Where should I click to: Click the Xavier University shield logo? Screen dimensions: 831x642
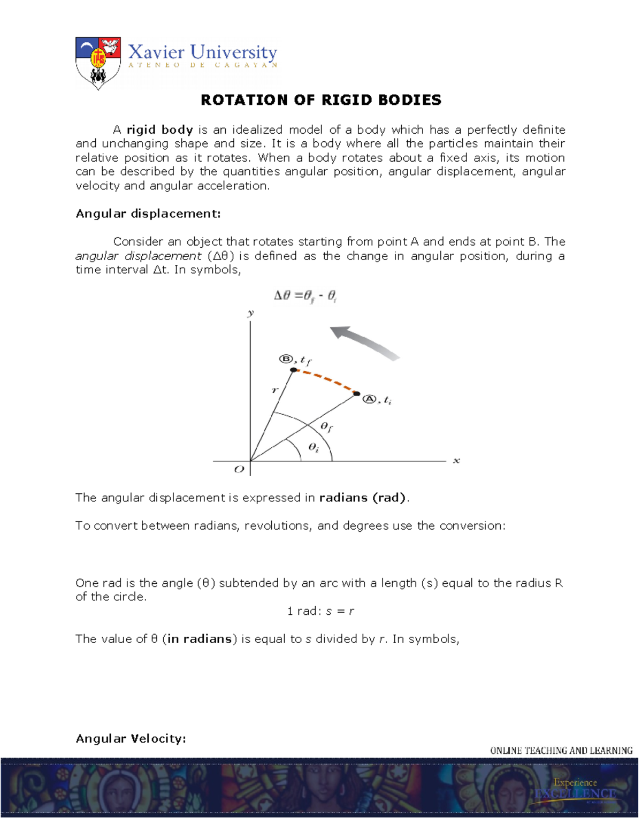pyautogui.click(x=98, y=63)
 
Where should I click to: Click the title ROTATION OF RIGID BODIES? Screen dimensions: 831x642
pyautogui.click(x=321, y=100)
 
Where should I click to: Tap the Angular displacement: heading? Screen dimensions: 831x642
pyautogui.click(x=148, y=214)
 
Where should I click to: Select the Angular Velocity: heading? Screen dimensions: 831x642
pyautogui.click(x=131, y=738)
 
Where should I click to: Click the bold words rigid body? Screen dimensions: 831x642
pyautogui.click(x=159, y=129)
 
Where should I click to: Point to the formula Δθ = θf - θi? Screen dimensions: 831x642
pyautogui.click(x=305, y=296)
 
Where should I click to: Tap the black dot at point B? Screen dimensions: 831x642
pyautogui.click(x=293, y=370)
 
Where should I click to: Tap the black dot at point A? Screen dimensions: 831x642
pyautogui.click(x=357, y=394)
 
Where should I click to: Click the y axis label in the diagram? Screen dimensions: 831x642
pyautogui.click(x=250, y=313)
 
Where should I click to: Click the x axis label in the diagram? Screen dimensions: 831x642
pyautogui.click(x=456, y=460)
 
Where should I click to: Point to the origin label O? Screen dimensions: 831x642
pyautogui.click(x=239, y=469)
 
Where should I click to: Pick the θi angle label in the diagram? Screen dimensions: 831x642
pyautogui.click(x=314, y=447)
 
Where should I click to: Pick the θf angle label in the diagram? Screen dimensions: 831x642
pyautogui.click(x=326, y=426)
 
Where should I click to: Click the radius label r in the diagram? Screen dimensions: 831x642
pyautogui.click(x=275, y=390)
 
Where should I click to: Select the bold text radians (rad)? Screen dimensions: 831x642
pyautogui.click(x=363, y=498)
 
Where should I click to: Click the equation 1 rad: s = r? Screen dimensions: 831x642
pyautogui.click(x=320, y=611)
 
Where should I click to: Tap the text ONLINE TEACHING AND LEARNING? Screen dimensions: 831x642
pyautogui.click(x=561, y=750)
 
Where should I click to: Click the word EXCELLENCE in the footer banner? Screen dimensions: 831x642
pyautogui.click(x=575, y=794)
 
